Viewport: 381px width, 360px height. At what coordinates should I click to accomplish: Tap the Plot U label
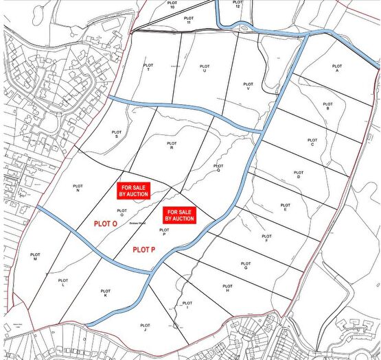coord(204,68)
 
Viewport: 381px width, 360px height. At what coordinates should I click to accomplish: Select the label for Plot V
coord(249,86)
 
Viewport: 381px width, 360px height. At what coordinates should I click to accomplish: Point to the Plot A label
coord(337,68)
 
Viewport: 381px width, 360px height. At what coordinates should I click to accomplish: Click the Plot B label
coord(327,106)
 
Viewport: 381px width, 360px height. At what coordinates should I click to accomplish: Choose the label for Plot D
coord(299,175)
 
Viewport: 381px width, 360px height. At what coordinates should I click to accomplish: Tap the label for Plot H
coord(227,288)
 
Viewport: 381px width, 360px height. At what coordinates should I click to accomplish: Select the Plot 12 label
coord(237,3)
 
